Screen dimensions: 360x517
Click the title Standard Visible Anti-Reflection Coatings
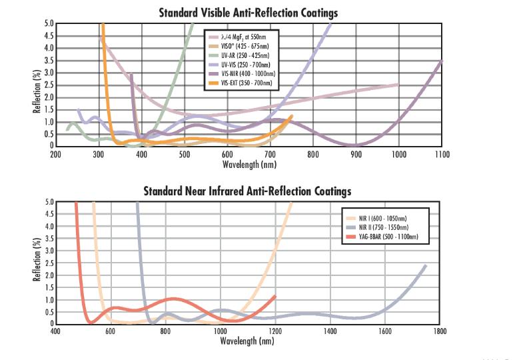pyautogui.click(x=248, y=12)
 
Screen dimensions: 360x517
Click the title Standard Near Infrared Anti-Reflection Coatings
pyautogui.click(x=247, y=191)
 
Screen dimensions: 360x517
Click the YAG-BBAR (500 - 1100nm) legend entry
pyautogui.click(x=384, y=237)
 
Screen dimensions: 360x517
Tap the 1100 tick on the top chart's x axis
pyautogui.click(x=442, y=154)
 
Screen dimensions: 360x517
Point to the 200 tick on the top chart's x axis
pyautogui.click(x=56, y=154)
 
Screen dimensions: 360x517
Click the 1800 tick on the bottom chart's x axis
pyautogui.click(x=438, y=331)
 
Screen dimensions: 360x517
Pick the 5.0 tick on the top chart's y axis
pyautogui.click(x=48, y=24)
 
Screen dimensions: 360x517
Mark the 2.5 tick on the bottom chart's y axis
pyautogui.click(x=48, y=263)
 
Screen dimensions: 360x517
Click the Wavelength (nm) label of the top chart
pyautogui.click(x=249, y=163)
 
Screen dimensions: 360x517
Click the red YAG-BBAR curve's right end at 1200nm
pyautogui.click(x=274, y=296)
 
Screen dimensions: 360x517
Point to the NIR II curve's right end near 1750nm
pyautogui.click(x=425, y=265)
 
